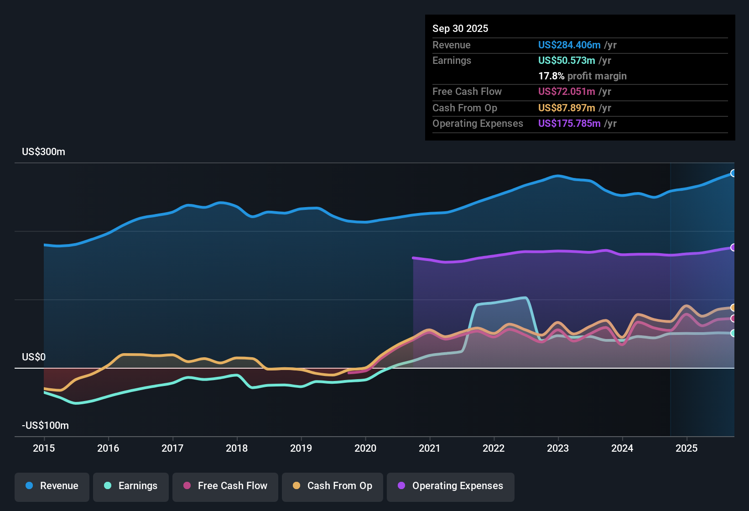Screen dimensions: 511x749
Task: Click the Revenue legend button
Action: [52, 486]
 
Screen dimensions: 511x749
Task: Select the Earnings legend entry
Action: [131, 486]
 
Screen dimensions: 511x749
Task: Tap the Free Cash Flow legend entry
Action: [225, 486]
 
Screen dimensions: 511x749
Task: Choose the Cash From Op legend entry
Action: [333, 486]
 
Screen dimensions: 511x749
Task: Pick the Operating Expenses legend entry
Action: [451, 486]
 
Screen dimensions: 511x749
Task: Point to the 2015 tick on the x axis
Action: [44, 448]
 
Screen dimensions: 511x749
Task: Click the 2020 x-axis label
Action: [365, 448]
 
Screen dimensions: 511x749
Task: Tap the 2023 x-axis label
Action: [558, 448]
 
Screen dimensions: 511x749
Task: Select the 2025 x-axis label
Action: [687, 448]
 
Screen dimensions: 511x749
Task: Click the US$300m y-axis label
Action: [43, 152]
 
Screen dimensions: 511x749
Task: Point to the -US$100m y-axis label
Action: [45, 426]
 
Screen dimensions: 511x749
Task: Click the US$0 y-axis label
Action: [34, 357]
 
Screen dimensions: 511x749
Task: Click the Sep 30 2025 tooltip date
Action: [460, 28]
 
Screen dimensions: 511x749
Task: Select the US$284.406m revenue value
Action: [569, 45]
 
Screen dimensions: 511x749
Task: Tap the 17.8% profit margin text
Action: [582, 76]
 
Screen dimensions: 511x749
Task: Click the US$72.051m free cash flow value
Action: [566, 92]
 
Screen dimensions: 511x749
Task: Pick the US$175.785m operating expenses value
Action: [569, 124]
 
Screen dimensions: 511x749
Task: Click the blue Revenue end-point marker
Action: [733, 173]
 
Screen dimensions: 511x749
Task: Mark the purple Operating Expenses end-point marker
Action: [733, 247]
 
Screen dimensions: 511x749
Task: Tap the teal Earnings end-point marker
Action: [733, 333]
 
